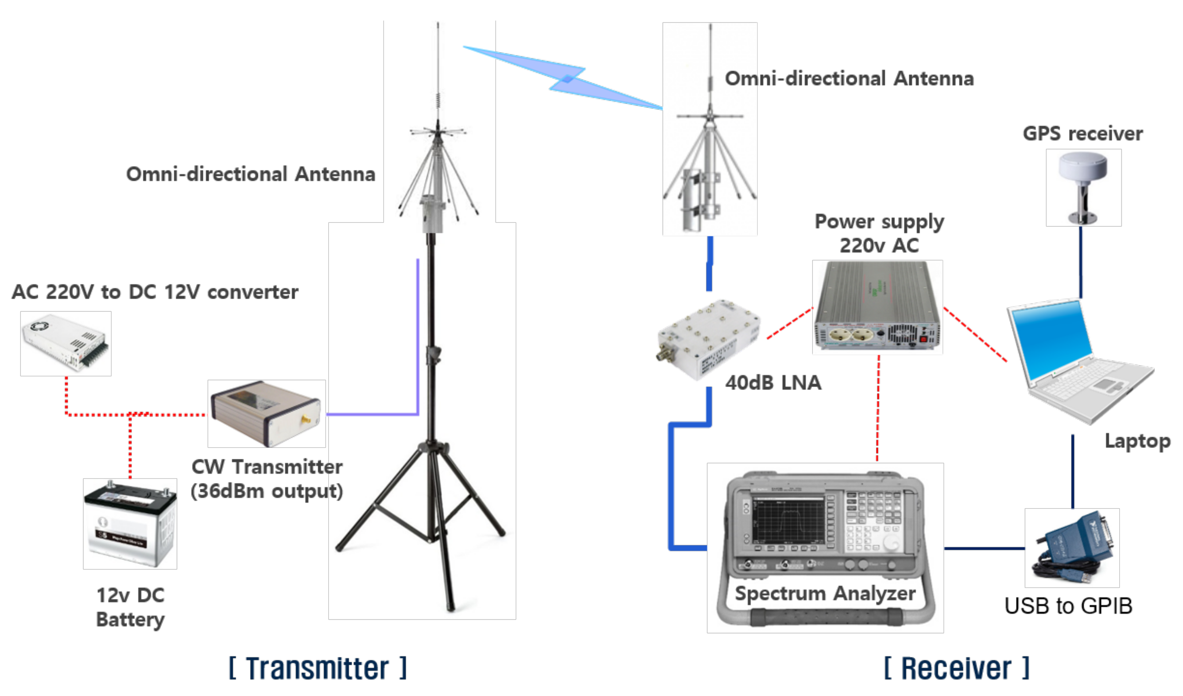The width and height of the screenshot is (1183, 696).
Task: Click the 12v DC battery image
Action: tap(130, 524)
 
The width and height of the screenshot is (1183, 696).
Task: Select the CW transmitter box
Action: tap(266, 414)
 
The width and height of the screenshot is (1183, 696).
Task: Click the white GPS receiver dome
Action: tap(1083, 169)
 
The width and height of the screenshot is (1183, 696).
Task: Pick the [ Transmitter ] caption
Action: tap(318, 668)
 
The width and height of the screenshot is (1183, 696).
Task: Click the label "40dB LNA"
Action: tap(773, 383)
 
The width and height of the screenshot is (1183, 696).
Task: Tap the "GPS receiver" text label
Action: tap(1083, 134)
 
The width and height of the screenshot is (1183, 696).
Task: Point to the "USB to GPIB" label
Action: tap(1068, 606)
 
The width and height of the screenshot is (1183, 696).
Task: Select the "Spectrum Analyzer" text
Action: tap(825, 593)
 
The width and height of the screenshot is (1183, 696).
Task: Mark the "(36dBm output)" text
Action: tap(267, 491)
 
